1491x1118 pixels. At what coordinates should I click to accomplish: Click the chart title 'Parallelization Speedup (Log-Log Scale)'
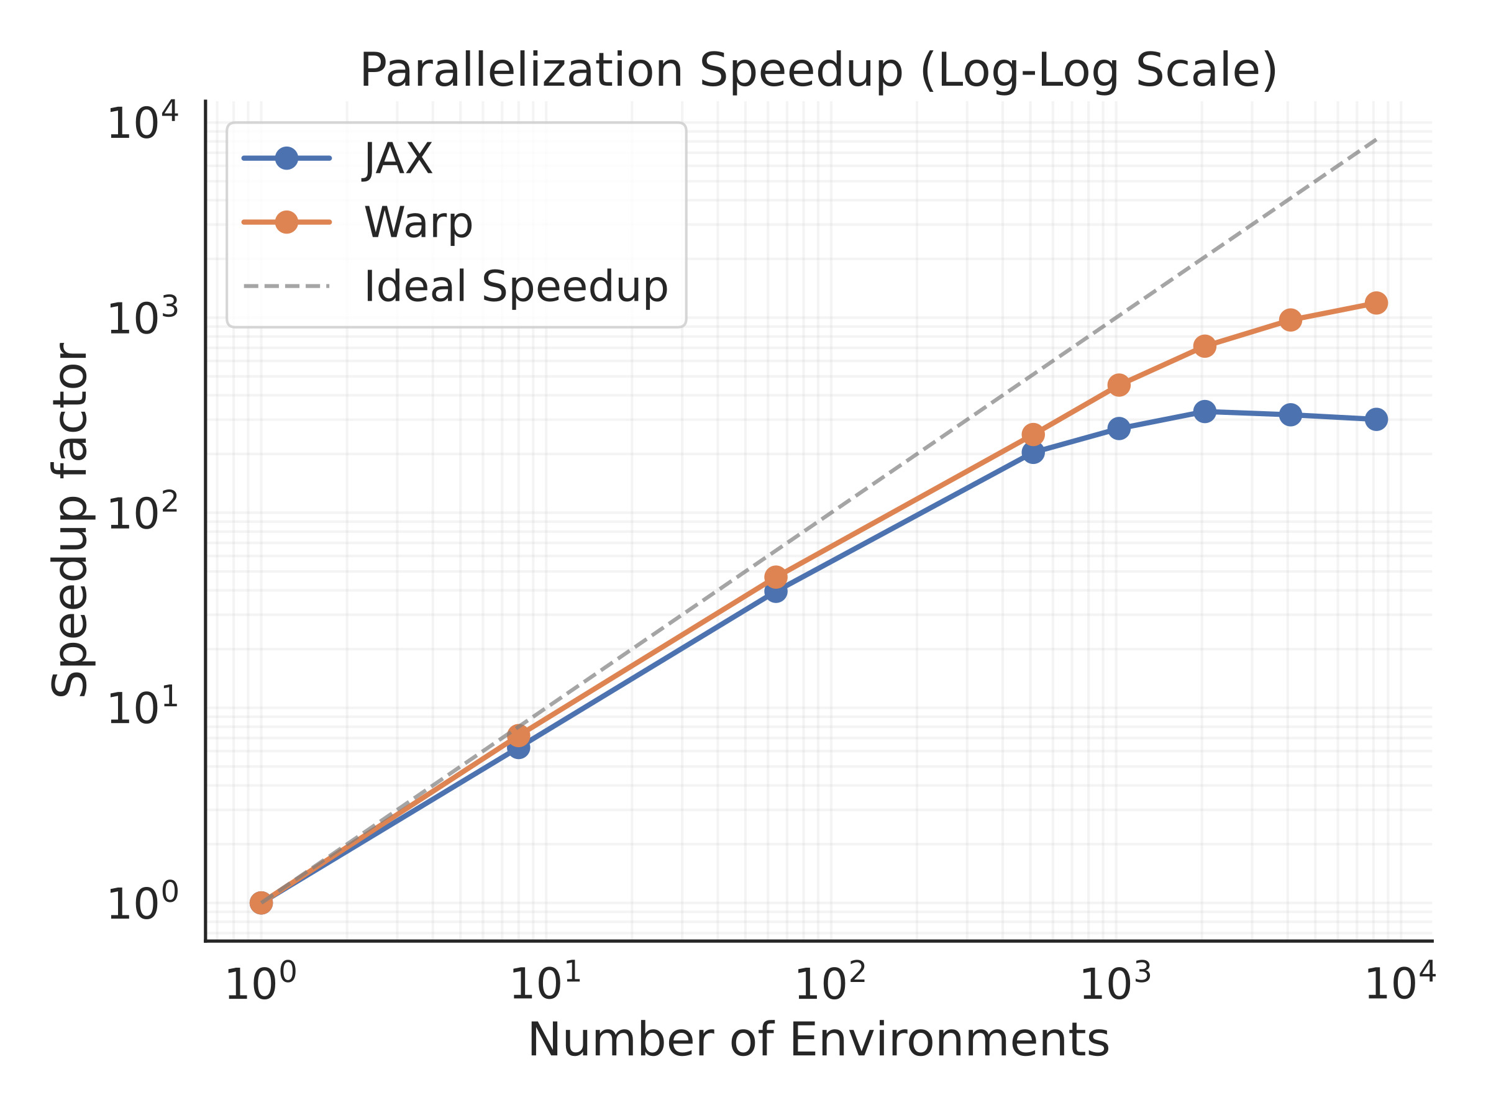click(818, 70)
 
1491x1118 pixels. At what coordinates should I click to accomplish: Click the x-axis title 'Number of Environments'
click(818, 1040)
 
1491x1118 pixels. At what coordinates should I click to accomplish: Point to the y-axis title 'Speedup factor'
click(70, 520)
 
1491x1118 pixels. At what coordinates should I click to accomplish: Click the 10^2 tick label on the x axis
click(829, 985)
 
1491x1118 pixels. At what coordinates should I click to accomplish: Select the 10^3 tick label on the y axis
click(142, 317)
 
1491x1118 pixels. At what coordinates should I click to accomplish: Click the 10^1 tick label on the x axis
click(545, 985)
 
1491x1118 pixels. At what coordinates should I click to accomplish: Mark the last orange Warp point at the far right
click(1375, 303)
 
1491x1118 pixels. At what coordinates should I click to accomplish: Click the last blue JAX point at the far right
click(1375, 419)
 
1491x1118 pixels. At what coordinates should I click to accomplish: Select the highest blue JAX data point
click(1205, 412)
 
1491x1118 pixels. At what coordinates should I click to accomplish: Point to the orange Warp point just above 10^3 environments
click(1119, 386)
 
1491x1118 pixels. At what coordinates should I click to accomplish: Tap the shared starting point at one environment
click(261, 903)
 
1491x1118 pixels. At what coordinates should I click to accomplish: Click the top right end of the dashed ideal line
click(1375, 140)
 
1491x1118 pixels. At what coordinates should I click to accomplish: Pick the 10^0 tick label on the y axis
click(142, 903)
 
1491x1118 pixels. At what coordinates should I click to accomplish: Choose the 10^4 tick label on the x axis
click(1399, 985)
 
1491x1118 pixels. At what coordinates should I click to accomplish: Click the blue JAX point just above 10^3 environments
click(1119, 429)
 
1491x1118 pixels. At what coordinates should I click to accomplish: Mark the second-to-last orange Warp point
click(1290, 320)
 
